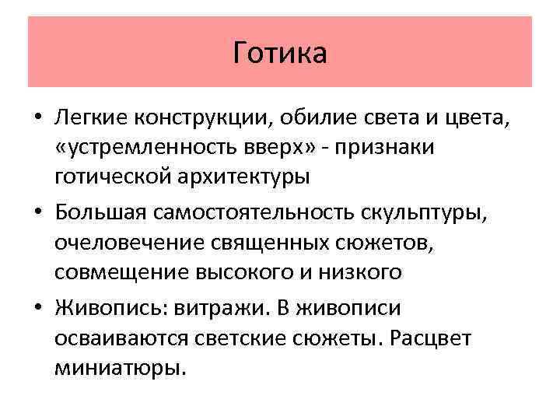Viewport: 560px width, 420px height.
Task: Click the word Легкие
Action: pyautogui.click(x=91, y=117)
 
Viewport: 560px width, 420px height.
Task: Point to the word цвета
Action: pyautogui.click(x=481, y=117)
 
